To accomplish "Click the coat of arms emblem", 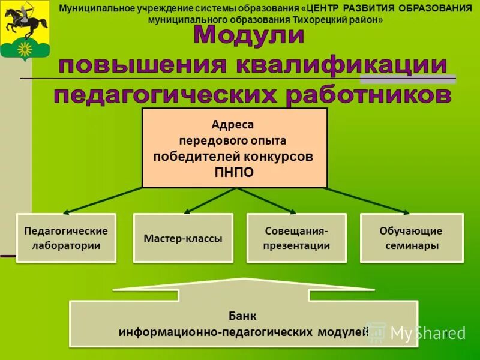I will [x=25, y=29].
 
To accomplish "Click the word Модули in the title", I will [x=249, y=36].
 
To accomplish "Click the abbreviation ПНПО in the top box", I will [x=234, y=172].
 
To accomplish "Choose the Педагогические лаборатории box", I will [x=66, y=238].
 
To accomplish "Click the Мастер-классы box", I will [x=183, y=238].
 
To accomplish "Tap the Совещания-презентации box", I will [x=297, y=238].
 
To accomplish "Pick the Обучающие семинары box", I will [x=412, y=238].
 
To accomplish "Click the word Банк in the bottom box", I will [x=242, y=316].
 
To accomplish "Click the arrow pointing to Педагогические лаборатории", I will [x=102, y=201].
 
